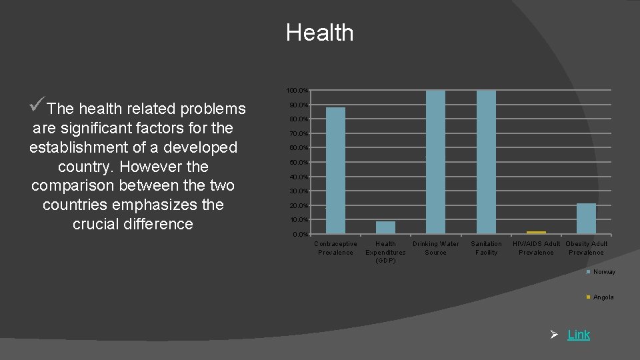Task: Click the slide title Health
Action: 319,33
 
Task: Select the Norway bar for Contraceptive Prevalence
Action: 335,170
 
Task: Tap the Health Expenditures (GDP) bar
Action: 385,227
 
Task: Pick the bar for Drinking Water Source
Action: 435,162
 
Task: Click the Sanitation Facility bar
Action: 486,162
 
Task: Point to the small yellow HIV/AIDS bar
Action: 536,232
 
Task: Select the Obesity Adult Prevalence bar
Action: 586,218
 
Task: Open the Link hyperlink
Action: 579,335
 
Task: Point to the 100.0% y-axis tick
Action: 297,90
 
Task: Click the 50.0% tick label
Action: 299,163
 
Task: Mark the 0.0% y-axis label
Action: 301,235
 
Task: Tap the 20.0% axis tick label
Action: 299,206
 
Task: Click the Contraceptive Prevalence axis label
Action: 335,248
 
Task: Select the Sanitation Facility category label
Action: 486,248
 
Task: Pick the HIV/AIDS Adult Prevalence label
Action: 536,248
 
